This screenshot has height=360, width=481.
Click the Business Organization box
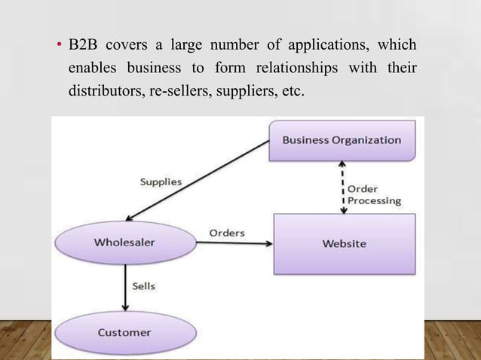pos(342,141)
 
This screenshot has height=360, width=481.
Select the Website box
pos(344,243)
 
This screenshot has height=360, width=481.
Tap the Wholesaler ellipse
pos(124,243)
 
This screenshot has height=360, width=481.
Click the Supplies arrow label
pos(161,182)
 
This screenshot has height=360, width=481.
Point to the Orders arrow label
pos(226,233)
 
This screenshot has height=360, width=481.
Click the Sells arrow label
pos(143,286)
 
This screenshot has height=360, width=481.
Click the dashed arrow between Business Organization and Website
pos(344,187)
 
